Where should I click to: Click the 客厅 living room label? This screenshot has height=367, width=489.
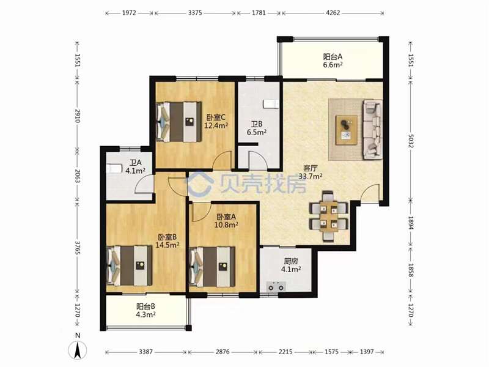(x=310, y=168)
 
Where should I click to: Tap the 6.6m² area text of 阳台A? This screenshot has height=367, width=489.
(x=333, y=65)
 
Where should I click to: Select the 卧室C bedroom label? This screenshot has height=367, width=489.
(x=216, y=117)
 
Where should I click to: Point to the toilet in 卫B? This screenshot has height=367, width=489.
(x=270, y=104)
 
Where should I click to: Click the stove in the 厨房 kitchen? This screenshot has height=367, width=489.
(x=276, y=286)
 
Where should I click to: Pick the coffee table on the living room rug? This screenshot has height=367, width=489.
(x=347, y=130)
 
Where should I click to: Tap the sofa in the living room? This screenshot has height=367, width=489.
(x=372, y=129)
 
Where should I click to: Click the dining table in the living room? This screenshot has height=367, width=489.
(x=329, y=217)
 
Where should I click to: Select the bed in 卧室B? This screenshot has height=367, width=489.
(x=129, y=265)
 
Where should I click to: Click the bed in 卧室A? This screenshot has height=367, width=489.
(x=211, y=267)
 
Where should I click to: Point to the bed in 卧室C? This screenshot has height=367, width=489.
(x=178, y=121)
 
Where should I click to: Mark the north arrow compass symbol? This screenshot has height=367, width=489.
(x=78, y=350)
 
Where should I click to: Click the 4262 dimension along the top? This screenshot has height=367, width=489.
(x=333, y=13)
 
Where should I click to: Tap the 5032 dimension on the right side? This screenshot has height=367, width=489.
(x=410, y=141)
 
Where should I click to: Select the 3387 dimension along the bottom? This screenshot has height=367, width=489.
(x=145, y=352)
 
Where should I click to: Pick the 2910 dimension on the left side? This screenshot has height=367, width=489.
(x=78, y=116)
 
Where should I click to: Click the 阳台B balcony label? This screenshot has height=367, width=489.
(x=145, y=306)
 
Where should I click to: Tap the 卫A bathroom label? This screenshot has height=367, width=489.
(x=136, y=163)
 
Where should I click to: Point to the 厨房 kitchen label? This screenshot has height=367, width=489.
(x=291, y=261)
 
